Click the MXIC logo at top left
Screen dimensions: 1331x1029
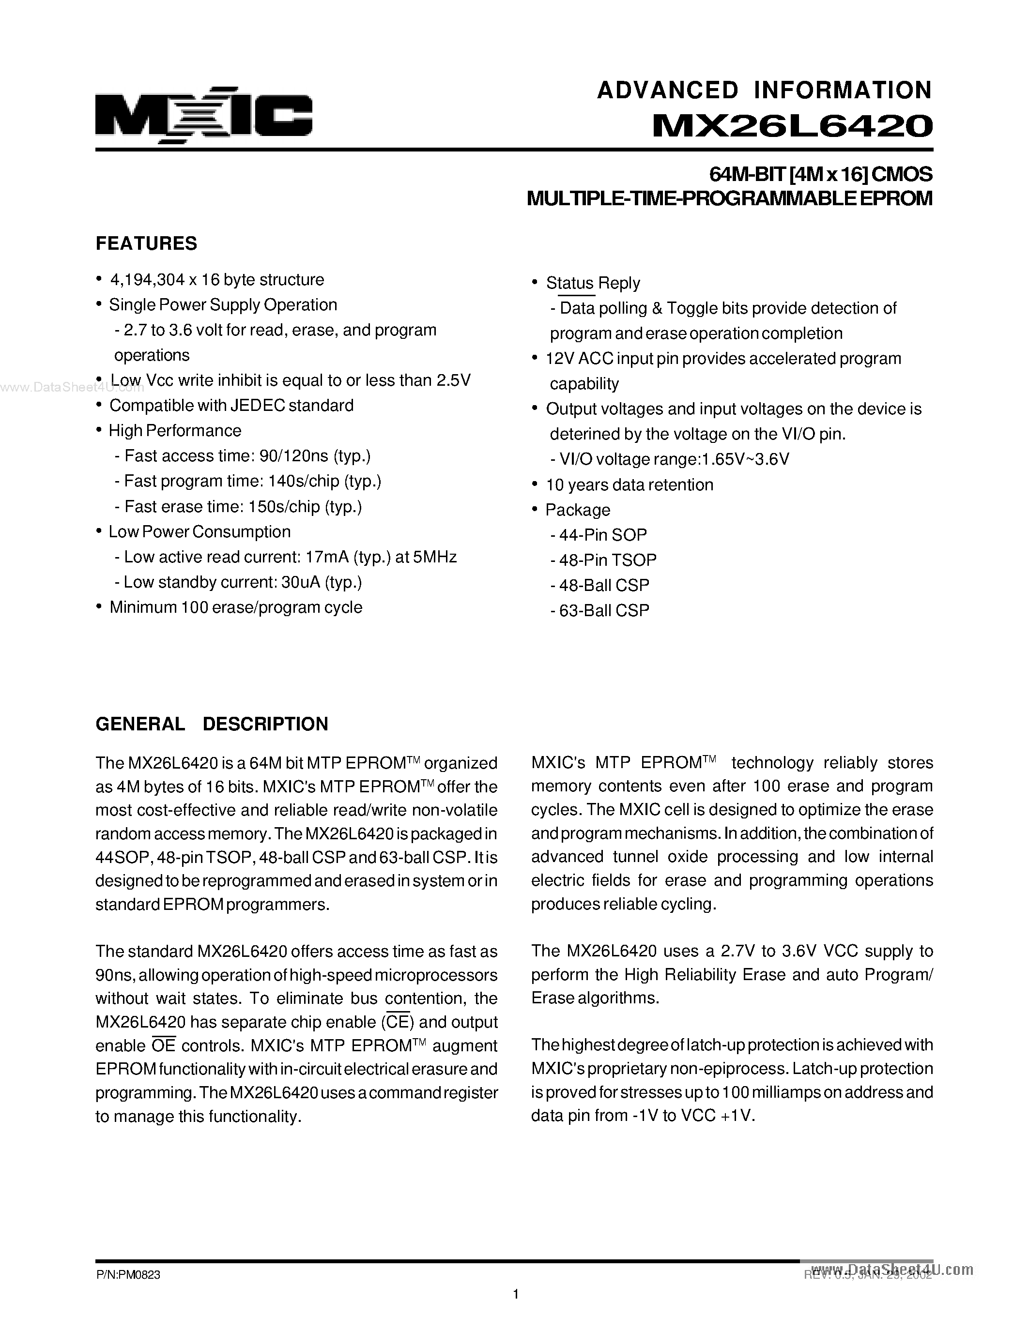203,115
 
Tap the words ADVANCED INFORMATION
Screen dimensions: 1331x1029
764,90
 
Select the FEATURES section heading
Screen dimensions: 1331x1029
146,243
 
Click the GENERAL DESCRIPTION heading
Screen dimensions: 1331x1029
212,724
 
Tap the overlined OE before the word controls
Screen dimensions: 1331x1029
163,1046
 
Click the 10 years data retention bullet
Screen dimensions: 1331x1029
629,484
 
